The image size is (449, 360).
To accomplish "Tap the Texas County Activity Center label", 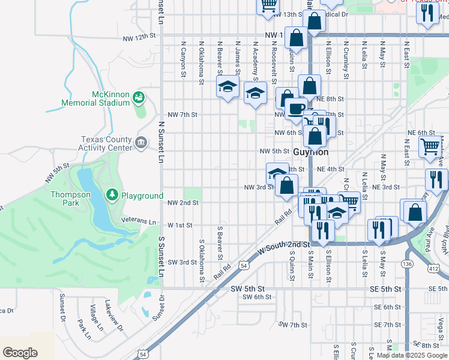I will pos(106,143).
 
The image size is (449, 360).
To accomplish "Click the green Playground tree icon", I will pos(111,195).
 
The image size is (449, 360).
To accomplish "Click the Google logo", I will pos(20,352).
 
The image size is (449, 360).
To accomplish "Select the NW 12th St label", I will pos(139,37).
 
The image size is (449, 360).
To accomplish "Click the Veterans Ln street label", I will pos(138,220).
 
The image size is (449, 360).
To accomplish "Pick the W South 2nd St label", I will pos(283,245).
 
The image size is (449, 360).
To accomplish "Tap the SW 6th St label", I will pos(257,297).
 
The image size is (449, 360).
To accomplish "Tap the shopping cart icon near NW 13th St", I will pos(268,6).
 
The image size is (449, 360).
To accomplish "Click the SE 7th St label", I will pos(391,325).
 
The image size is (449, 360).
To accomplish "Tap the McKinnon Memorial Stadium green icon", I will pos(139,96).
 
